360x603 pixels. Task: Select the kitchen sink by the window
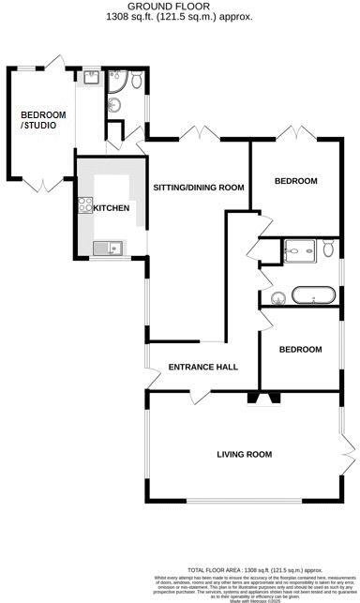click(x=109, y=249)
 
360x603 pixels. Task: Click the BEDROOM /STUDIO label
click(x=43, y=120)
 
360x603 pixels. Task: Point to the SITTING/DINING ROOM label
click(x=198, y=188)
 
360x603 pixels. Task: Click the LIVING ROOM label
click(x=244, y=455)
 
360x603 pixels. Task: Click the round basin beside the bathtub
click(x=277, y=298)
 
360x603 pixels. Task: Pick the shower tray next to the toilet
click(x=299, y=249)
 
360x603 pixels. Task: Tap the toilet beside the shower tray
click(x=328, y=249)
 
